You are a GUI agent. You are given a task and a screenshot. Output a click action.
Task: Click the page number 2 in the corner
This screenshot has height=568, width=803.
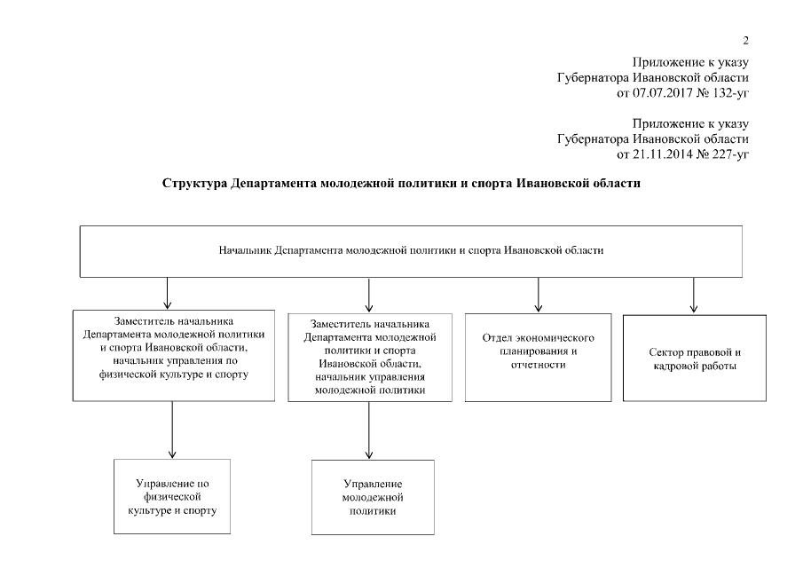[746, 41]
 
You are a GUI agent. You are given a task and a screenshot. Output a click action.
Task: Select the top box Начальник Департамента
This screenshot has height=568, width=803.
[411, 251]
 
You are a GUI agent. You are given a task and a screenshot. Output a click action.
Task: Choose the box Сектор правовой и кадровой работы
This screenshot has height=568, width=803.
[694, 359]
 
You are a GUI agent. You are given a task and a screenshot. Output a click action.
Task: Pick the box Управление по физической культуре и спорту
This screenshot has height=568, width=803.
[171, 497]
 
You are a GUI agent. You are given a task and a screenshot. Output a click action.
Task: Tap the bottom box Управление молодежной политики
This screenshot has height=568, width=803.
[372, 497]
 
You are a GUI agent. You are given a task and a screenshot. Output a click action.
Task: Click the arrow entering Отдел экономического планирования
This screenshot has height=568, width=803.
[537, 296]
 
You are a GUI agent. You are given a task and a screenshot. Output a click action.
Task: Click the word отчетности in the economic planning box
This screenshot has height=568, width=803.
[538, 364]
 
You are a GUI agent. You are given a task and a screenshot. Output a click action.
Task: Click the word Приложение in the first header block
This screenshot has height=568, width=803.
[662, 62]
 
